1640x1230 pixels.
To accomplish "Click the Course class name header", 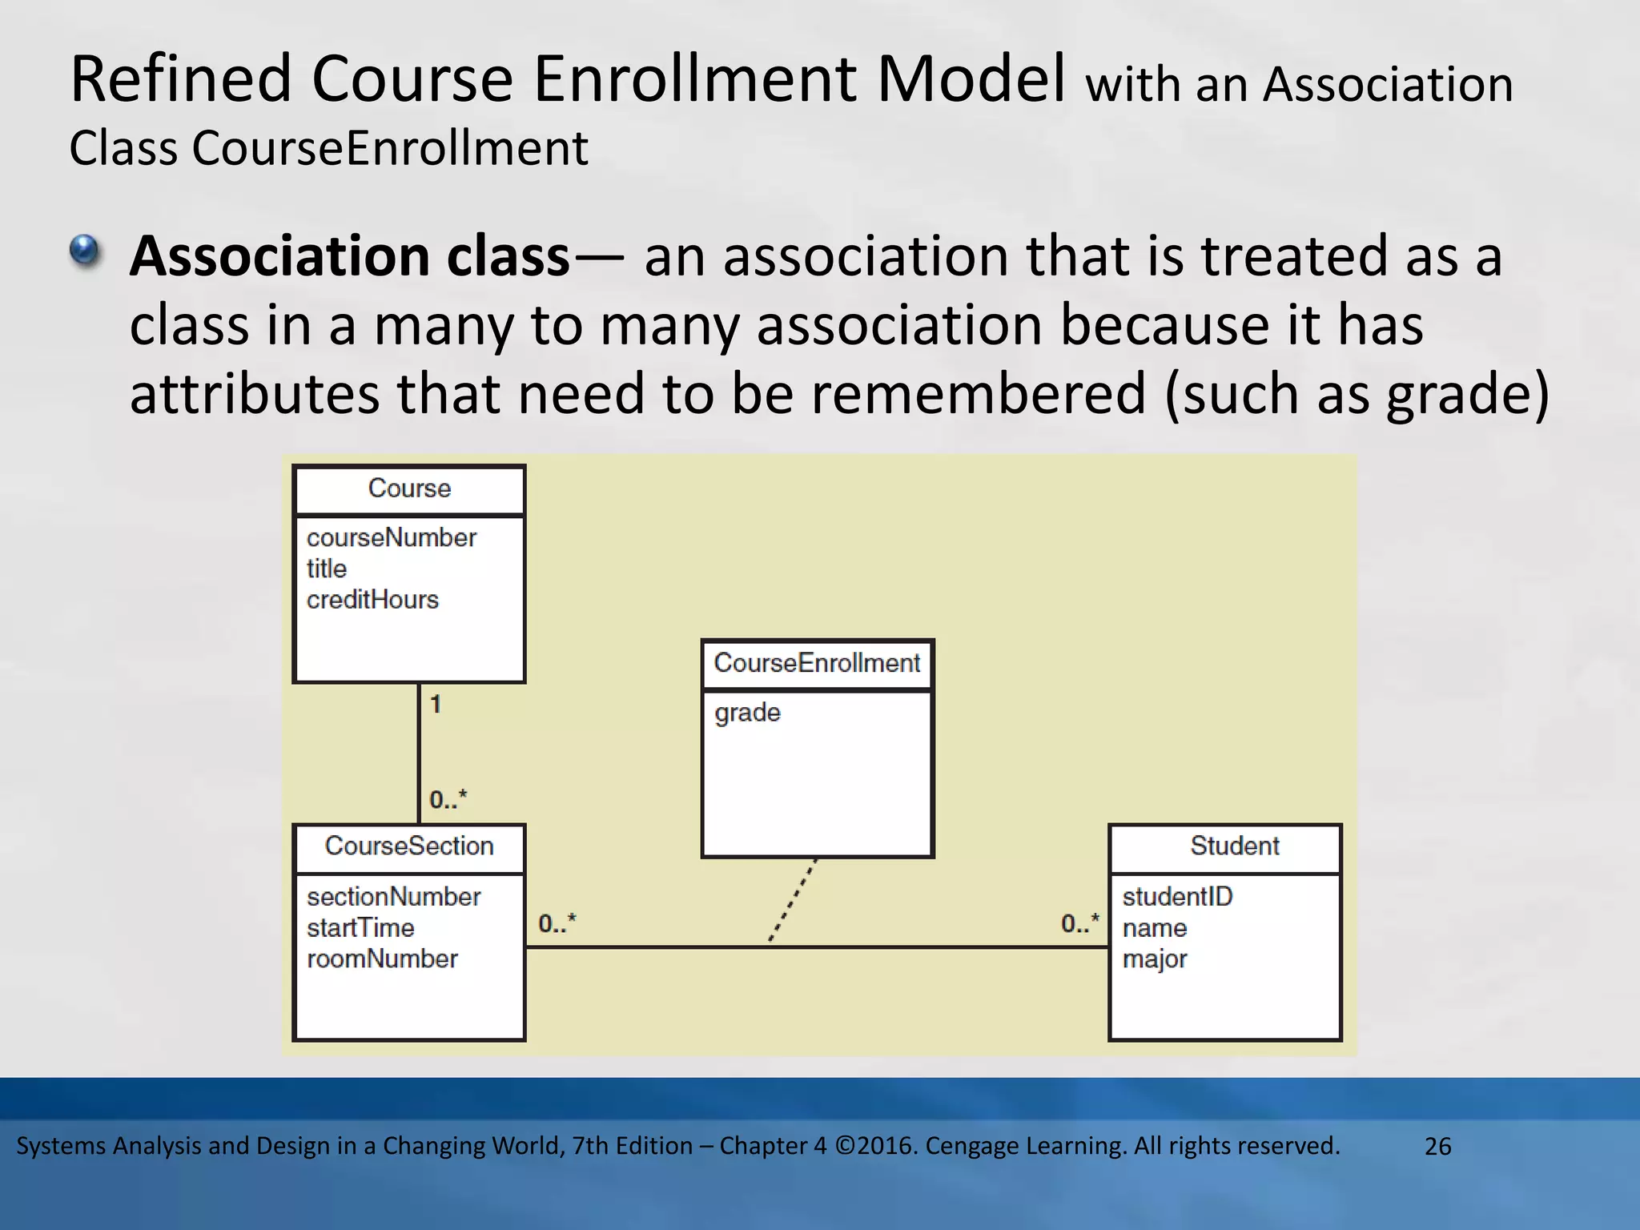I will (409, 488).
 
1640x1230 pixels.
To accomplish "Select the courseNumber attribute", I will (391, 537).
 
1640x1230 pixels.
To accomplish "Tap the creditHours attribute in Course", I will (372, 600).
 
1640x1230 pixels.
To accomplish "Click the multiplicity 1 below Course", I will (436, 705).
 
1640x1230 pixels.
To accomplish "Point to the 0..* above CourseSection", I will (448, 799).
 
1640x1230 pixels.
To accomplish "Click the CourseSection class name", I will (409, 846).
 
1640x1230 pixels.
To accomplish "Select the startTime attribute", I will (360, 928).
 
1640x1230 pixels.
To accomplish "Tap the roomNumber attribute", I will (382, 959).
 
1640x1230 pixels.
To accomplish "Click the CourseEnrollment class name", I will (817, 663).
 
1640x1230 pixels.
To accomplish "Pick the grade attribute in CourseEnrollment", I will (747, 712).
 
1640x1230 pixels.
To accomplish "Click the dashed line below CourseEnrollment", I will (793, 901).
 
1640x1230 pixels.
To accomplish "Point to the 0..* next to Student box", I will (1080, 923).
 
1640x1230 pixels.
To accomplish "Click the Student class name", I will (1234, 846).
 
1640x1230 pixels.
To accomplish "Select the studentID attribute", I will (1177, 897).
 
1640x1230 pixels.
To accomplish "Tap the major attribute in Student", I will (1154, 959).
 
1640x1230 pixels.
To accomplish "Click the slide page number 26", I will (1437, 1146).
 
